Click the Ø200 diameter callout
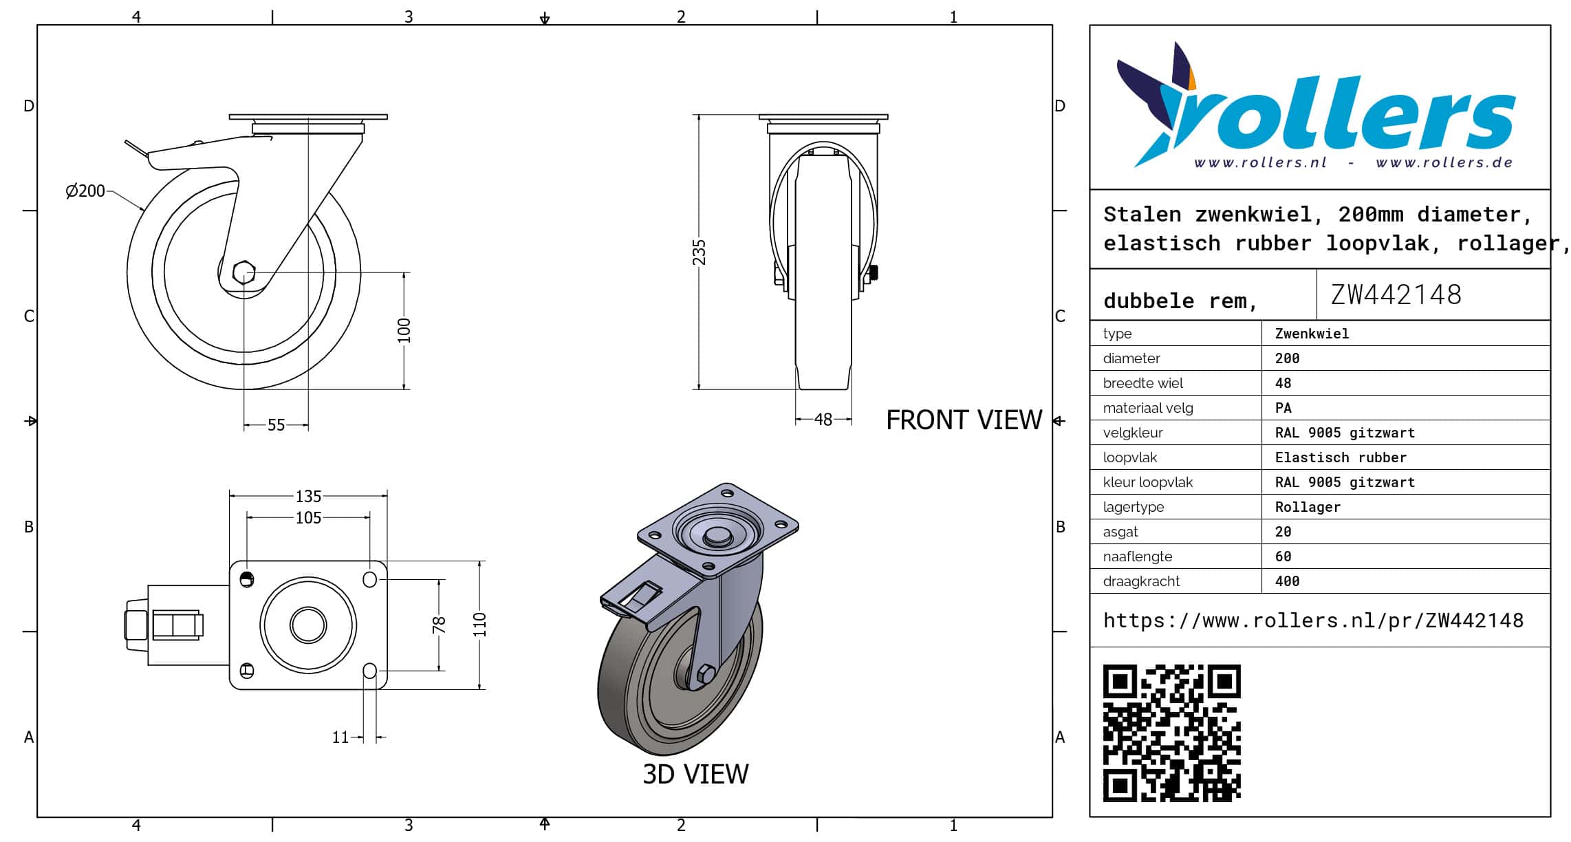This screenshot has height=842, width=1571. tap(85, 191)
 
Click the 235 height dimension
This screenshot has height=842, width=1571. tap(699, 252)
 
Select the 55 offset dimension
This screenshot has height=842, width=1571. tap(276, 425)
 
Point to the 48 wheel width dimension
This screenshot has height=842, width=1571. tap(823, 420)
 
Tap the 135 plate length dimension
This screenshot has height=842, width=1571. tap(308, 496)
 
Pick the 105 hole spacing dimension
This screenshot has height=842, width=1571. tap(308, 517)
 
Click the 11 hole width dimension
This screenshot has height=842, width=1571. tap(340, 737)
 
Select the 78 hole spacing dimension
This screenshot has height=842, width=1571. tap(439, 625)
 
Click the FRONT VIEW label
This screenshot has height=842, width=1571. tap(964, 420)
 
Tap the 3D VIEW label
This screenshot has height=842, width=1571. tap(695, 774)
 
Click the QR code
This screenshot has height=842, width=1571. tap(1171, 733)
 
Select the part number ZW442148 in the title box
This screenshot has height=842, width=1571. tap(1396, 294)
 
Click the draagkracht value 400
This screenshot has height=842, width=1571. tap(1287, 581)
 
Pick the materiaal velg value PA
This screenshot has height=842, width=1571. tap(1283, 408)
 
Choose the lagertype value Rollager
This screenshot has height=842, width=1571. tap(1307, 507)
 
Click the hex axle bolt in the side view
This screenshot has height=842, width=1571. tap(243, 272)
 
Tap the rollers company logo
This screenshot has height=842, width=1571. tap(1315, 105)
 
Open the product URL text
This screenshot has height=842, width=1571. tap(1313, 620)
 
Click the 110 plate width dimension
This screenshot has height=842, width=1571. tap(479, 625)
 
